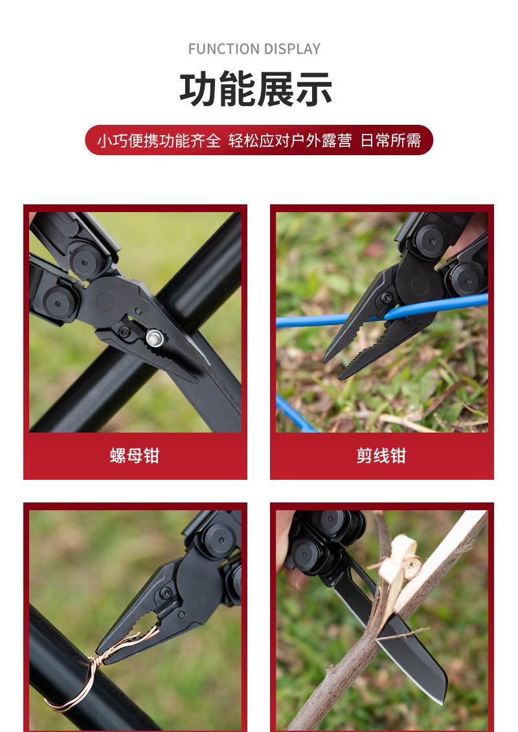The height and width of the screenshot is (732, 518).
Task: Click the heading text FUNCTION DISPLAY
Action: pyautogui.click(x=254, y=49)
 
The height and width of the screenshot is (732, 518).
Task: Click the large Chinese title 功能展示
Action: pyautogui.click(x=256, y=90)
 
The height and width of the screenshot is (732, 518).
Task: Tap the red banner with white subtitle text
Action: pyautogui.click(x=258, y=140)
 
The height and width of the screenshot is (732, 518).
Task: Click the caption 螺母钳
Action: pyautogui.click(x=135, y=456)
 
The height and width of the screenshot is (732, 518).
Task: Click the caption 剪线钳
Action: pyautogui.click(x=381, y=456)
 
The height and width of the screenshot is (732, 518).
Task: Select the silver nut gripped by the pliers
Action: pyautogui.click(x=154, y=336)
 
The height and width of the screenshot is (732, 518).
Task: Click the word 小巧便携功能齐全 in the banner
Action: pyautogui.click(x=159, y=140)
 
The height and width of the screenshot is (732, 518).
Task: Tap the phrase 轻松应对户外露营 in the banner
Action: pyautogui.click(x=290, y=140)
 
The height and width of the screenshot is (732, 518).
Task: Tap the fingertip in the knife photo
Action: pyautogui.click(x=284, y=576)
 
